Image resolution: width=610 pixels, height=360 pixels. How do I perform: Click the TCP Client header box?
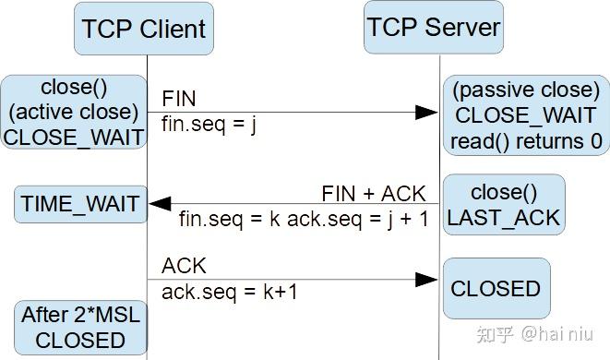pos(144,30)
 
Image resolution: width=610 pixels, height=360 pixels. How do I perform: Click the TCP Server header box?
pos(434,27)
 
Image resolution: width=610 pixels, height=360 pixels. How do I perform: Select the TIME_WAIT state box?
pos(80,204)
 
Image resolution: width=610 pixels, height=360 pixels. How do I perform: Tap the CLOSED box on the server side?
pos(496,289)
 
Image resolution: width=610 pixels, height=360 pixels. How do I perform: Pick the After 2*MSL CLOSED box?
pos(80,328)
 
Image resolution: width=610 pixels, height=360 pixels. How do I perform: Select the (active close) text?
pos(74,112)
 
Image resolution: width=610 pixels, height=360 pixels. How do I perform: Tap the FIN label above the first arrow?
pos(179,98)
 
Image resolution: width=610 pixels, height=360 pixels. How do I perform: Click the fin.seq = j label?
pos(209,124)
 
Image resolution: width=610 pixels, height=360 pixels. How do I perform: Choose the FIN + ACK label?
pos(374,194)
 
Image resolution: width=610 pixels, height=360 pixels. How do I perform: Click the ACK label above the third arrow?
pos(184,266)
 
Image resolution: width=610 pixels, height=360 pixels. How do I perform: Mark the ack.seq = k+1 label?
pos(229,292)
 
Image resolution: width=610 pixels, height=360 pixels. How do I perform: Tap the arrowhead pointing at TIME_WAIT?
pos(161,204)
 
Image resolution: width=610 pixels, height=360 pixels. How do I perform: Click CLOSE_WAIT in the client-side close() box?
pos(74,137)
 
